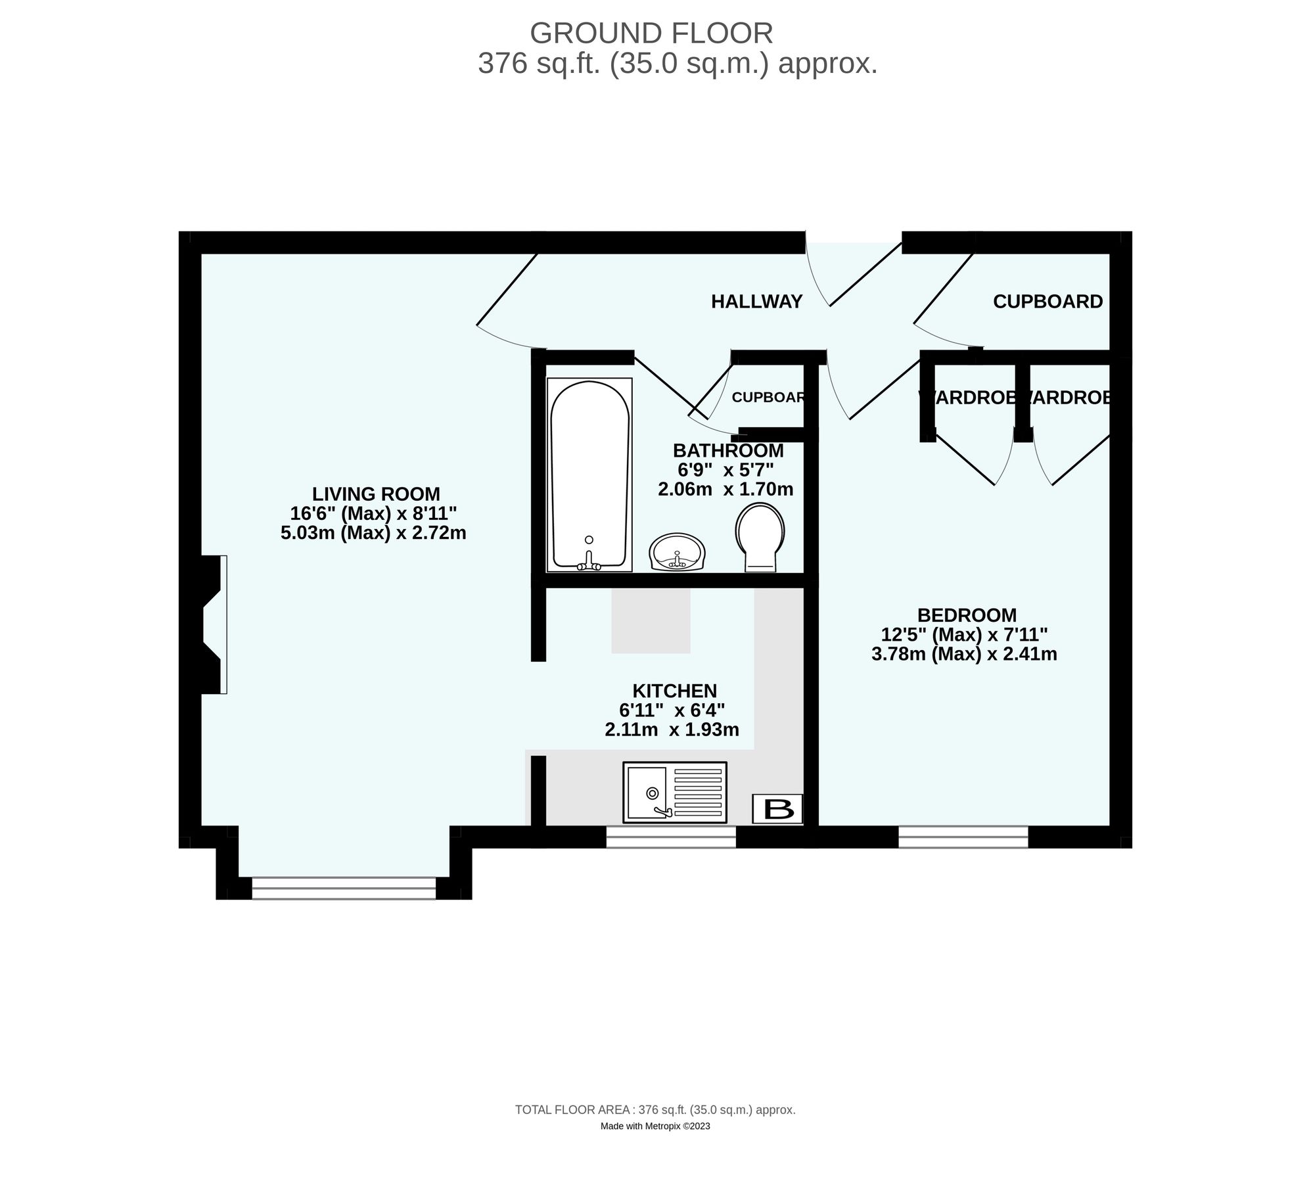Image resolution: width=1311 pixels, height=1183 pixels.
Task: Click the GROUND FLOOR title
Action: point(651,33)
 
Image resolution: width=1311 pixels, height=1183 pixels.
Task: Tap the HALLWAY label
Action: point(756,302)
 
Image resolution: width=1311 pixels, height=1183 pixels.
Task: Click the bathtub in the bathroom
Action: point(589,475)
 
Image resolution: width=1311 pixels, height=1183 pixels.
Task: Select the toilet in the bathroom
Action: point(760,536)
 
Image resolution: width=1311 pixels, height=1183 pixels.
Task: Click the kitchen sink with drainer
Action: point(674,792)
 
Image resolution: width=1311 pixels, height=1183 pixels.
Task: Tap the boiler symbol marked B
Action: point(777,808)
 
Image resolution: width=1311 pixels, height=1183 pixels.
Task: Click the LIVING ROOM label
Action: point(376,494)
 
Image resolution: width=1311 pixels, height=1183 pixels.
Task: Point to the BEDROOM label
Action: point(967,615)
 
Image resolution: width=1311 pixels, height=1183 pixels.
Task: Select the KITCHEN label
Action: point(674,691)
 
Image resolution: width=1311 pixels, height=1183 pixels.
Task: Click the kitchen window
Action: point(670,837)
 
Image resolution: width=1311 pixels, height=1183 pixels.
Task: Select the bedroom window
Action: point(963,837)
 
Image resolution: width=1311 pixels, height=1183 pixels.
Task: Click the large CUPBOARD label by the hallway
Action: point(1047,302)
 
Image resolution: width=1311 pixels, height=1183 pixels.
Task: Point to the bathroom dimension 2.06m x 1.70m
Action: point(725,489)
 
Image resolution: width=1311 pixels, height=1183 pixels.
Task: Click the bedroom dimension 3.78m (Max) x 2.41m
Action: point(964,654)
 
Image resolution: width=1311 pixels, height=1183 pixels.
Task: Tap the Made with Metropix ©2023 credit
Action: point(655,1126)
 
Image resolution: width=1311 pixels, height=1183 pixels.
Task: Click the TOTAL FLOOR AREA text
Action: point(655,1110)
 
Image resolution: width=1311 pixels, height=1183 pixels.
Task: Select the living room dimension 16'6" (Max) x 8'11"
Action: point(373,513)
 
